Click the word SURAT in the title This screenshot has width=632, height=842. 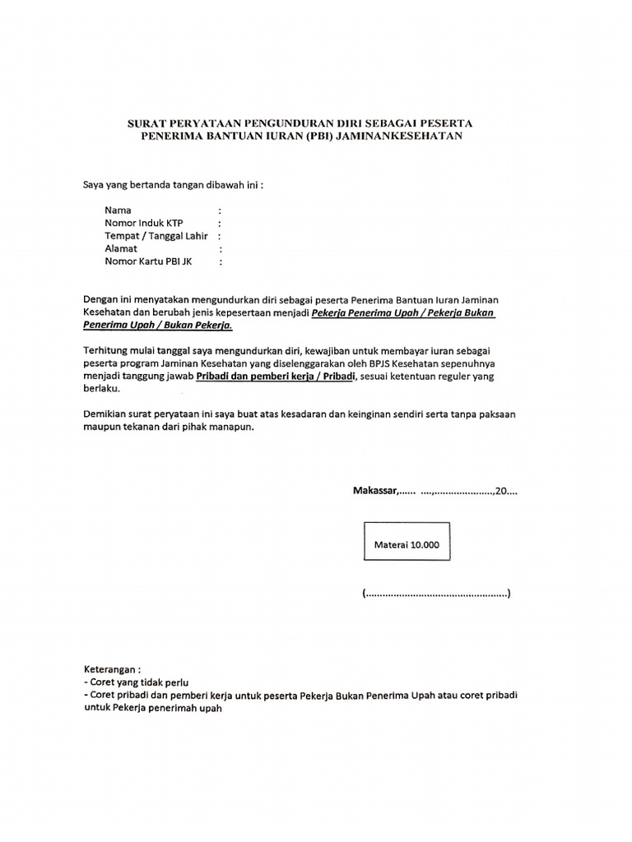pos(145,123)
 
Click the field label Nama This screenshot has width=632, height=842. pos(118,210)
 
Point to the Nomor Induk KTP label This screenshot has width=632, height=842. pos(143,223)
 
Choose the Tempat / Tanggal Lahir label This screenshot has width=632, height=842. pos(156,236)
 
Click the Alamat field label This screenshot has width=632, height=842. pos(121,248)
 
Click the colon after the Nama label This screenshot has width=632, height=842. pos(220,210)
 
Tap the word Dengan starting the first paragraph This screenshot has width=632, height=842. pos(101,299)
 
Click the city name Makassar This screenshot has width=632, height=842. pos(374,492)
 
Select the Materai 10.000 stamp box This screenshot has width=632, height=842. pos(407,544)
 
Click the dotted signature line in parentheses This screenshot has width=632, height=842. pos(435,594)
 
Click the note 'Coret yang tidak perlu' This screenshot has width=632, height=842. pos(137,682)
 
